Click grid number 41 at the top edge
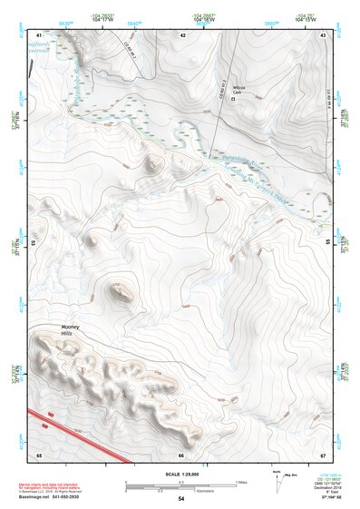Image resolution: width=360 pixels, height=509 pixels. coord(39,34)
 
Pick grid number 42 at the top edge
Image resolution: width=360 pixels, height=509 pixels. coord(182,34)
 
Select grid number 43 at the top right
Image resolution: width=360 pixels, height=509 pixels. coord(323,34)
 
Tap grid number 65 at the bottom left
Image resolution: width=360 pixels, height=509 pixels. coord(39,454)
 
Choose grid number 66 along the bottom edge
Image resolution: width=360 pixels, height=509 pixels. coord(181,454)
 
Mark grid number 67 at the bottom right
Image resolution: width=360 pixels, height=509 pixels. coord(323,454)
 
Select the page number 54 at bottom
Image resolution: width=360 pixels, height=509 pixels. coord(180,499)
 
